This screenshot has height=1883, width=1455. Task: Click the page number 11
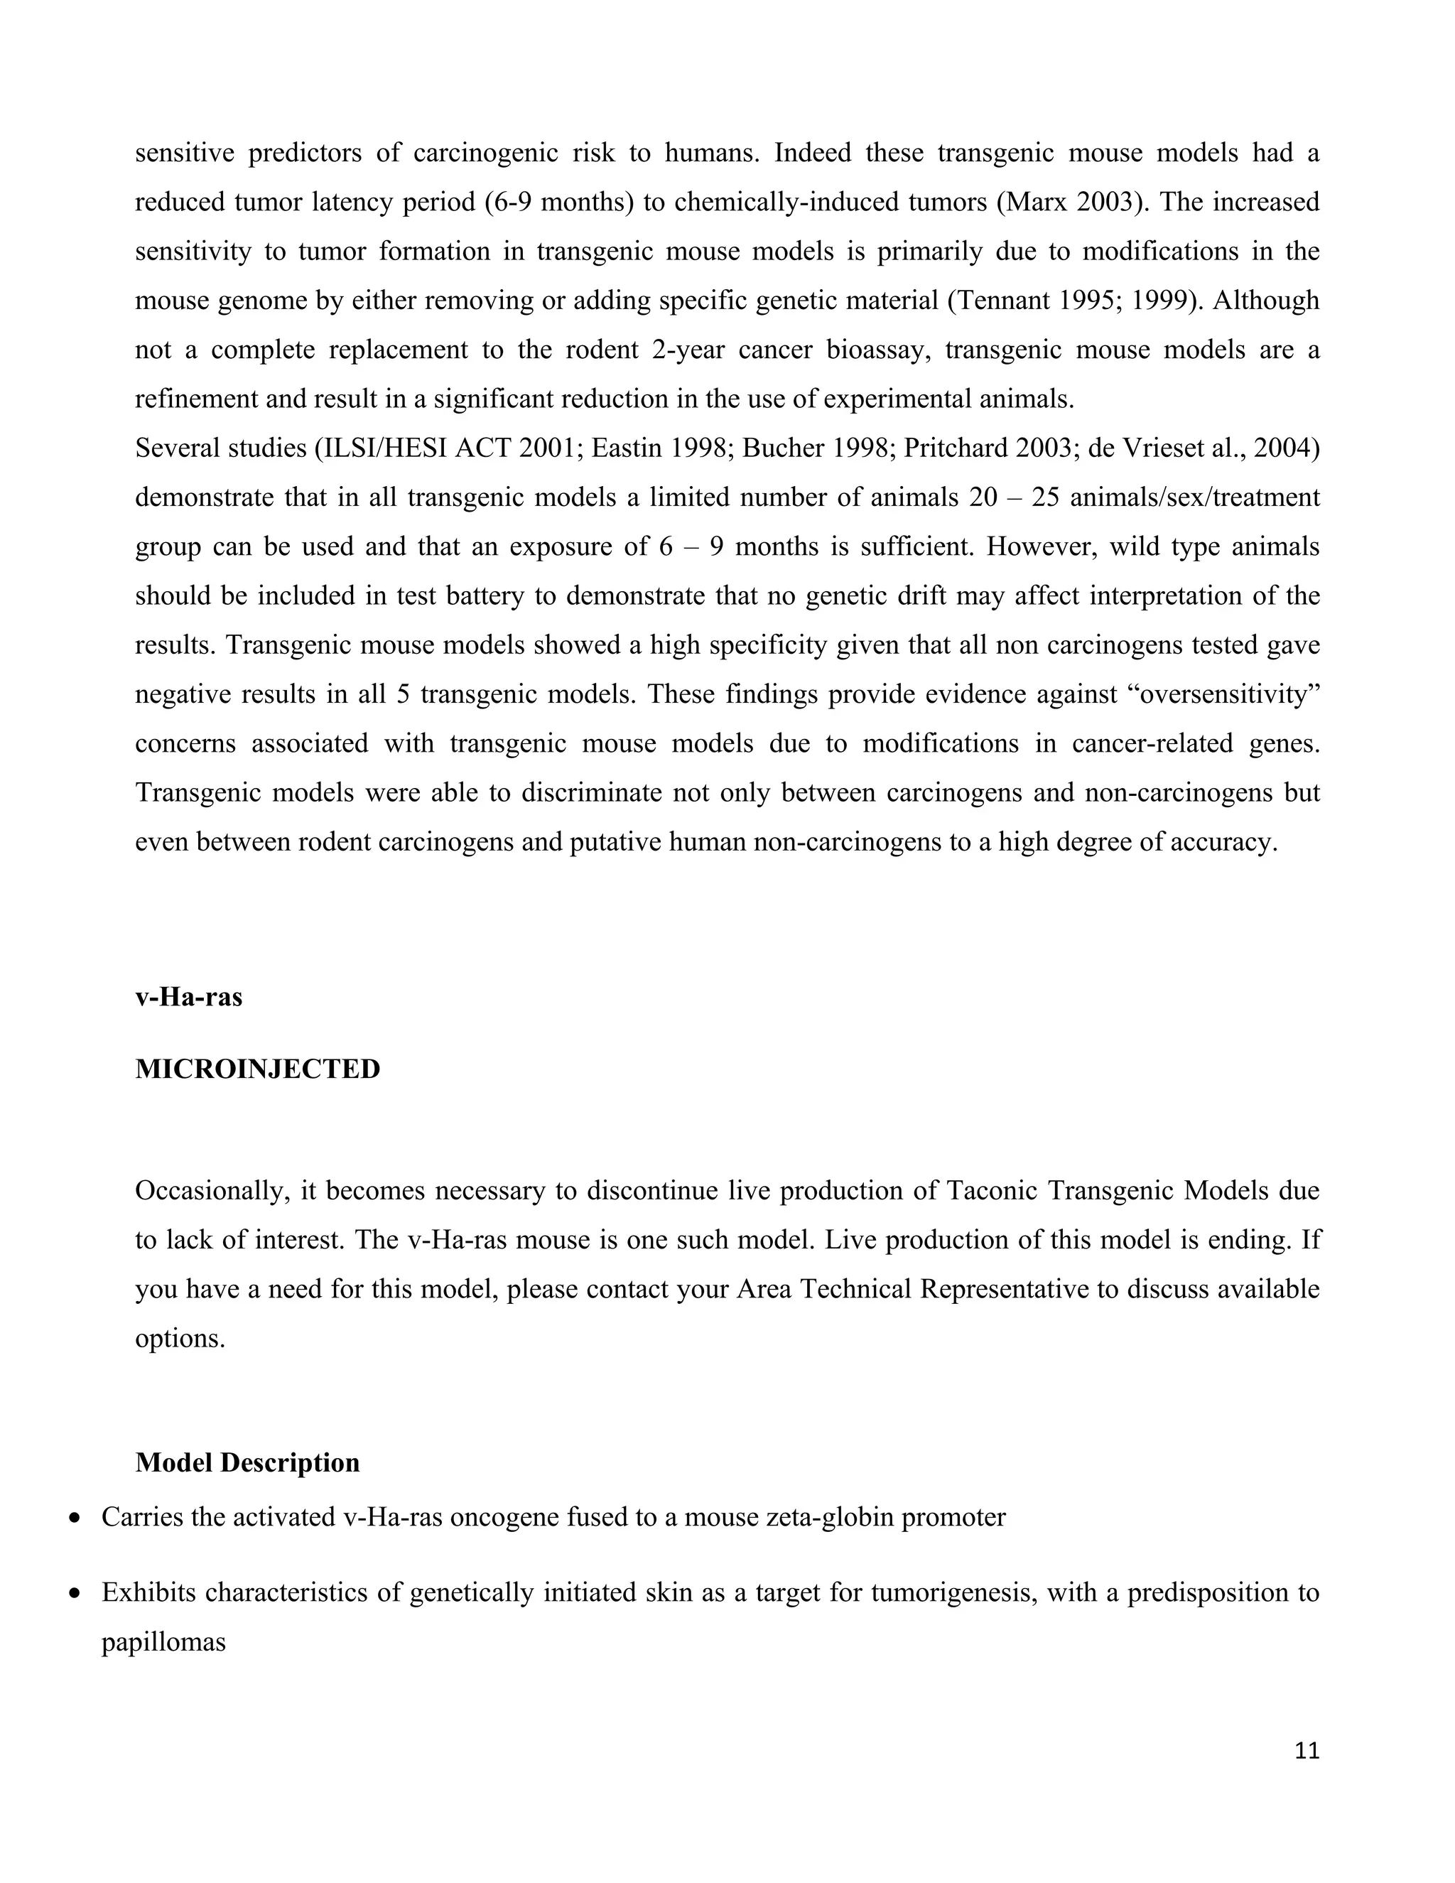pos(1307,1750)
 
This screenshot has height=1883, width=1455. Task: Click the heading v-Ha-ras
pos(189,997)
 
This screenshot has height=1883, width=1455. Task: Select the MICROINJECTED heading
pos(258,1069)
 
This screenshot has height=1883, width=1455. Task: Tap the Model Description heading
pos(247,1462)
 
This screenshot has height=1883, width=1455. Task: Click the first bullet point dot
pos(76,1518)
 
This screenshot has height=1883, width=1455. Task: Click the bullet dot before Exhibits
pos(76,1592)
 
